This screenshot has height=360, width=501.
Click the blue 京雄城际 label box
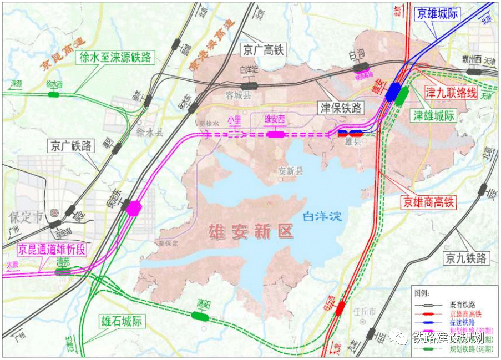437,14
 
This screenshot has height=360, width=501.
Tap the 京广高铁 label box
262,50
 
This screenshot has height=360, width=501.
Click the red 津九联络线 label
451,93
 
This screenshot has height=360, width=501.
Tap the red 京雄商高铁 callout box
428,202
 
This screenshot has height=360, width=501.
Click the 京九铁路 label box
465,258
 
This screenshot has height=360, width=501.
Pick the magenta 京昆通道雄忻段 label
52,249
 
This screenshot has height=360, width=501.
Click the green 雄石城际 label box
121,321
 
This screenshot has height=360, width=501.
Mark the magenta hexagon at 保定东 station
134,208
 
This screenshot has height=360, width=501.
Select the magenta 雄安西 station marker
275,134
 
